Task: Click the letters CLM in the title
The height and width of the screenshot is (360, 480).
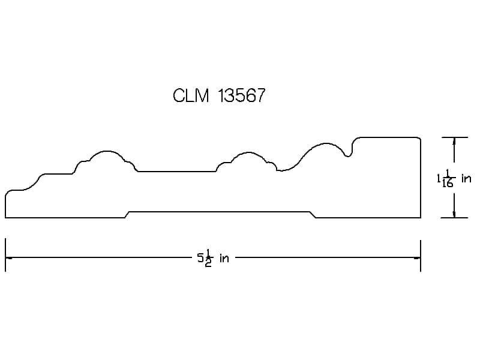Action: [x=191, y=95]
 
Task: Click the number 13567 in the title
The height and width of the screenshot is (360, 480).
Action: [x=242, y=95]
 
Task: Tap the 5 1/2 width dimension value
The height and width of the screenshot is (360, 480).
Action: [x=205, y=259]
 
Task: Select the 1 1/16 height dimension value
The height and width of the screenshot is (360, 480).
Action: [x=446, y=179]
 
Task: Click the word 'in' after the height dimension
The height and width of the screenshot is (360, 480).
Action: [x=466, y=178]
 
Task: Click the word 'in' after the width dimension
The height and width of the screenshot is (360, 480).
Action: [x=224, y=259]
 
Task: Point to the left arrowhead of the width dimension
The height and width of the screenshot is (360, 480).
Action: [x=9, y=258]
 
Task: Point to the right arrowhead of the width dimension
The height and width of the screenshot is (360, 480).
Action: [x=417, y=258]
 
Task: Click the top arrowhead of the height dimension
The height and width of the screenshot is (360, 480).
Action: [x=454, y=141]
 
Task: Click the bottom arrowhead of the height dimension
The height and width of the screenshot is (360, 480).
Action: [x=454, y=214]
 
